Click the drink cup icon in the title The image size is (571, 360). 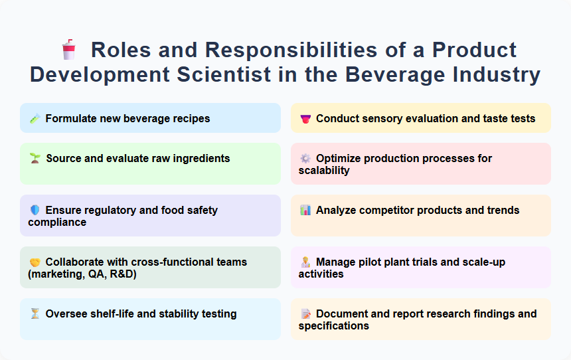[x=68, y=50]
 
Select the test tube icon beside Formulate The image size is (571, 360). [x=35, y=119]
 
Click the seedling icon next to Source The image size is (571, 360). [x=35, y=158]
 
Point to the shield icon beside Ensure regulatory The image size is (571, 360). [x=35, y=210]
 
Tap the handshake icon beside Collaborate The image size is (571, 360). [x=35, y=262]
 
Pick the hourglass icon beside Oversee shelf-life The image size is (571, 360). [x=35, y=314]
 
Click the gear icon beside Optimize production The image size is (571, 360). [x=305, y=158]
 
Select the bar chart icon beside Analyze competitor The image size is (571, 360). [x=305, y=210]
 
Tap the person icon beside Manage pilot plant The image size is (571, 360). [x=305, y=262]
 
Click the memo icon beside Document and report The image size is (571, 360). [x=305, y=314]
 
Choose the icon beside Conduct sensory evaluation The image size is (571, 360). [x=305, y=119]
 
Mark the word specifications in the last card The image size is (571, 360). [x=333, y=325]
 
